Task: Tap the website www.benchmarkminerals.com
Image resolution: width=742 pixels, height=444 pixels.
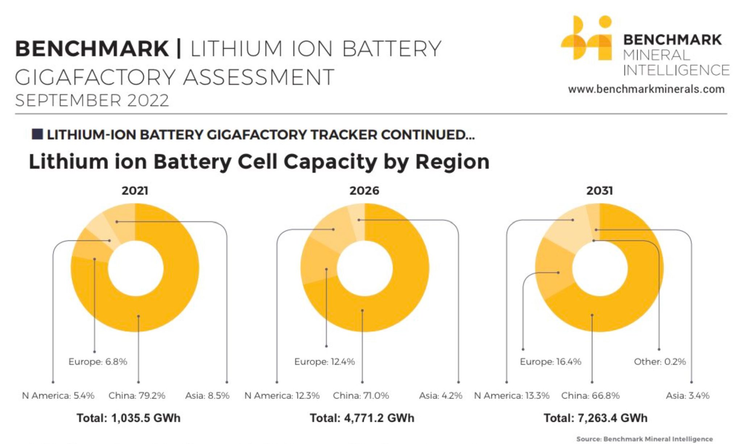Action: coord(646,89)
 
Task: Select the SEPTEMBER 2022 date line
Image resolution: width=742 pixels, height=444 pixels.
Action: coord(92,100)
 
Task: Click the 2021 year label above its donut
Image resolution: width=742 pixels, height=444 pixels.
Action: coord(135,191)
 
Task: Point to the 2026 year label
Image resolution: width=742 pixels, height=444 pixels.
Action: coord(364,191)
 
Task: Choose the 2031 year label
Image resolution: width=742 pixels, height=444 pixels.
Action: coord(600,191)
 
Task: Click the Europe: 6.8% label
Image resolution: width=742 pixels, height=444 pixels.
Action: coord(98,362)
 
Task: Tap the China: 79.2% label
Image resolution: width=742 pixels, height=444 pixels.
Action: coord(137,395)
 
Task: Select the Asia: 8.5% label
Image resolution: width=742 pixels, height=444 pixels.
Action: coord(207,395)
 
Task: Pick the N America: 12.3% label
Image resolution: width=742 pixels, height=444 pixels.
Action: coord(282,395)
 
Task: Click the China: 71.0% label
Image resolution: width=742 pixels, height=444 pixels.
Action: coord(361,395)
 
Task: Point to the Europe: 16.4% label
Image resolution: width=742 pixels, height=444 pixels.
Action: coord(550,362)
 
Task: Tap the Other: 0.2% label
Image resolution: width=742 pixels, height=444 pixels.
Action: coord(660,362)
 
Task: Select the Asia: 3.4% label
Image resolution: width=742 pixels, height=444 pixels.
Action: coord(687,395)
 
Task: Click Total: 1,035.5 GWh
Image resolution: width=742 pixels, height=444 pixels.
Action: coord(128,418)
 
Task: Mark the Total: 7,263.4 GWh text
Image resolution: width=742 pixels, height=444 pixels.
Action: coord(595,418)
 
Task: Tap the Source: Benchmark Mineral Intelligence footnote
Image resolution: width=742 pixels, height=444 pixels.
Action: coord(645,439)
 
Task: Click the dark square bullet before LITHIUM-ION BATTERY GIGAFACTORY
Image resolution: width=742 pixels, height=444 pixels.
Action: coord(37,134)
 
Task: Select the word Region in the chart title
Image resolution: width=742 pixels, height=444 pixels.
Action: coord(452,162)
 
